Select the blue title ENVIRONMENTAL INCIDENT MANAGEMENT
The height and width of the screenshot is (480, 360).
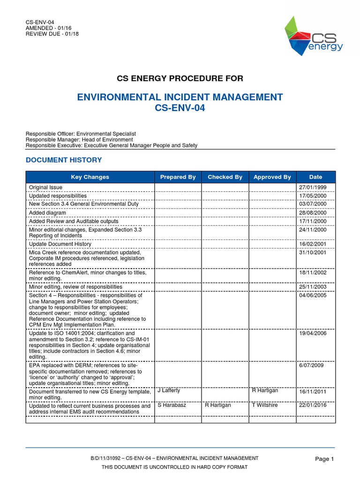[x=180, y=97]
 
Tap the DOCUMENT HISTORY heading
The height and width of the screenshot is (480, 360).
[x=64, y=160]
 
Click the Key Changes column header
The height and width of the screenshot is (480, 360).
[x=90, y=177]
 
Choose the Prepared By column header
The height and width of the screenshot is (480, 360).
[x=178, y=177]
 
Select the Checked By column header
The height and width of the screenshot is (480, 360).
[x=225, y=177]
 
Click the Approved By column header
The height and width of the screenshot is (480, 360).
[x=272, y=177]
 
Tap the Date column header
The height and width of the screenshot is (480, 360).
[x=315, y=177]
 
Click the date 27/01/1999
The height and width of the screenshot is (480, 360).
[x=313, y=187]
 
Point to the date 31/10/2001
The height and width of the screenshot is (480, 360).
[x=313, y=252]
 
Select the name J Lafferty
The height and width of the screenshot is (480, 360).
[x=169, y=390]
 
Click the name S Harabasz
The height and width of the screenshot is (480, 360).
[x=172, y=405]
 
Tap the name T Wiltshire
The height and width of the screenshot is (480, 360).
[x=265, y=405]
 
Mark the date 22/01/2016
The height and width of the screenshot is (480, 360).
[x=313, y=406]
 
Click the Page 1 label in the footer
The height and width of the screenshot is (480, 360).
[x=324, y=459]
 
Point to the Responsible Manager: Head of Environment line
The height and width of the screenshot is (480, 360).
[x=79, y=139]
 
